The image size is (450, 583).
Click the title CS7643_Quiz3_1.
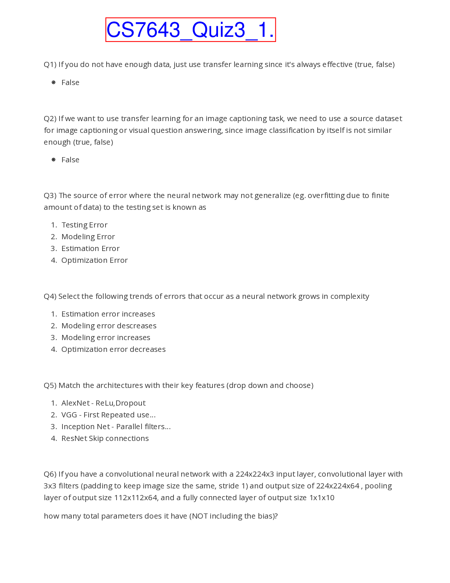[x=190, y=30]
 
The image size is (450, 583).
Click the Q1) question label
[x=50, y=64]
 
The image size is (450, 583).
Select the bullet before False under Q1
[x=54, y=82]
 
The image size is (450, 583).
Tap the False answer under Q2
[x=70, y=160]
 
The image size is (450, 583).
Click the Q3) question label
[x=50, y=195]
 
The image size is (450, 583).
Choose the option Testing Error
[x=84, y=225]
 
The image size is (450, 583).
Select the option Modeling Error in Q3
[x=88, y=237]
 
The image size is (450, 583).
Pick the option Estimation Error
[x=90, y=248]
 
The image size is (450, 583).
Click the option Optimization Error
[x=94, y=260]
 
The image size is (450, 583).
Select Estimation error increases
[x=108, y=314]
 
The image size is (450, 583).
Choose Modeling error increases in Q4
[x=106, y=338]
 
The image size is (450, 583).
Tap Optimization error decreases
[x=113, y=349]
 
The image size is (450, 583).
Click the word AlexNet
[x=75, y=403]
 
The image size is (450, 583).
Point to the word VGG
[x=69, y=415]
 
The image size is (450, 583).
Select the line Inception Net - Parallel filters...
[x=116, y=427]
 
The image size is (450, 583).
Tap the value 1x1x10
[x=322, y=498]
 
